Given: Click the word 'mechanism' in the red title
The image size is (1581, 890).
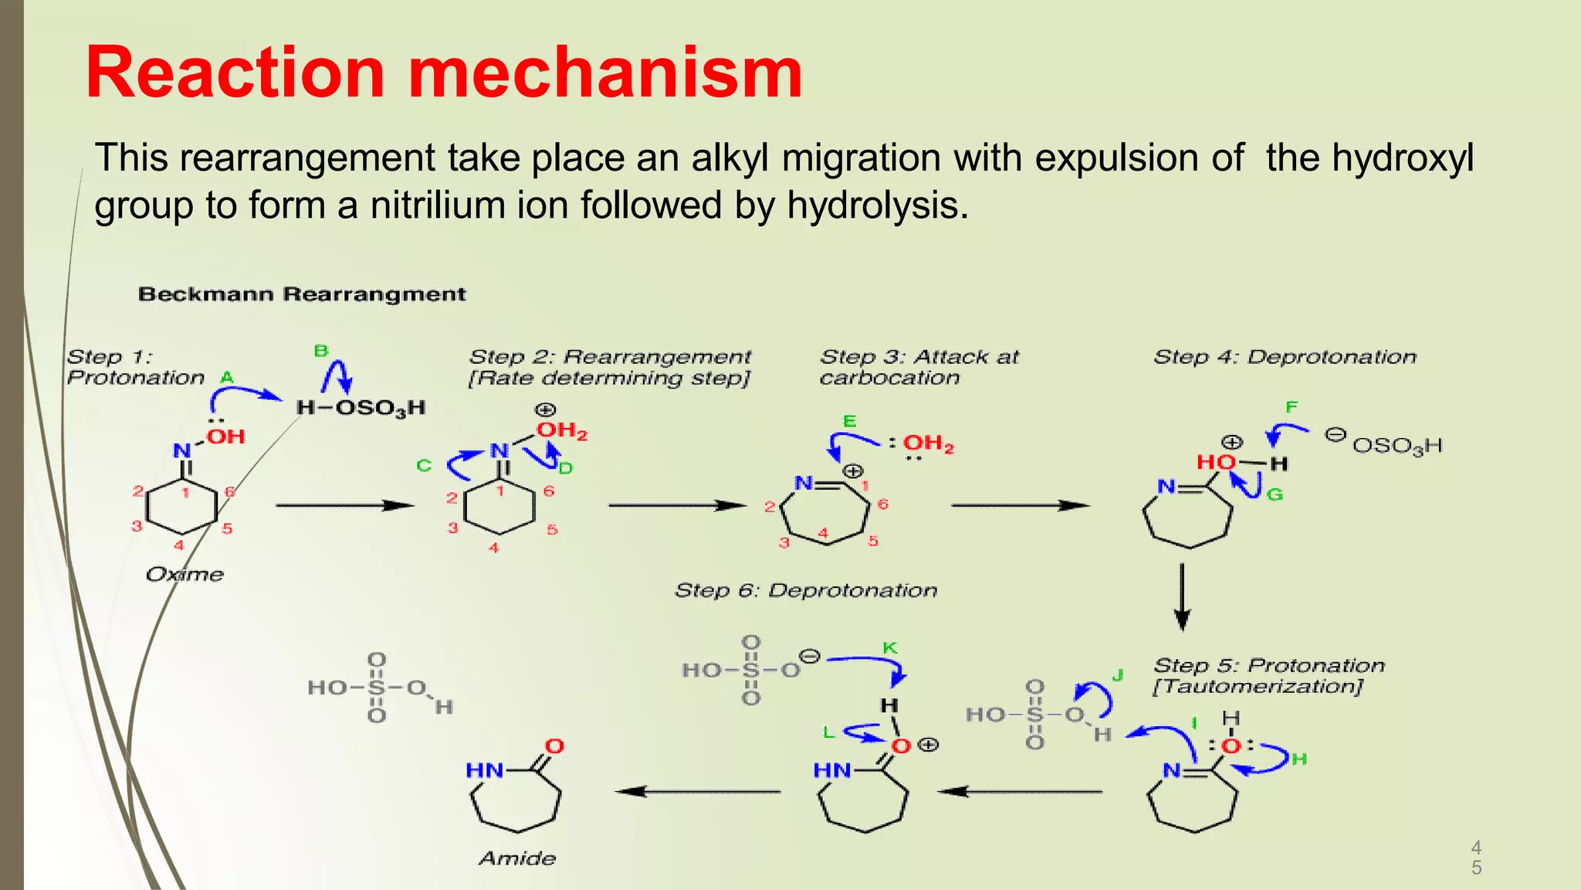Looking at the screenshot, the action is pyautogui.click(x=605, y=73).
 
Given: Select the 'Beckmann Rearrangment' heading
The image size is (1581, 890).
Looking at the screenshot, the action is pyautogui.click(x=302, y=294).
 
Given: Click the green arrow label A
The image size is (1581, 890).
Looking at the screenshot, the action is pyautogui.click(x=226, y=377).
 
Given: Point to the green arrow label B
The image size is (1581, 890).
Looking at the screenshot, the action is pyautogui.click(x=321, y=351).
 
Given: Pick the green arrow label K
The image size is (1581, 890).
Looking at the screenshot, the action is pyautogui.click(x=890, y=647).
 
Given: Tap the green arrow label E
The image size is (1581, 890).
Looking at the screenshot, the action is pyautogui.click(x=850, y=421).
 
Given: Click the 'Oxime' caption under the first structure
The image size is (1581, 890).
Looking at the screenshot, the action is pyautogui.click(x=185, y=574).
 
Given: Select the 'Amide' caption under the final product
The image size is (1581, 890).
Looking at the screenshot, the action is pyautogui.click(x=517, y=858).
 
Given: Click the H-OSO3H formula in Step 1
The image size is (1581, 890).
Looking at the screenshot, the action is pyautogui.click(x=361, y=408).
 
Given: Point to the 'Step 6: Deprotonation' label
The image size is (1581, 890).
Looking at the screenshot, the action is pyautogui.click(x=806, y=590).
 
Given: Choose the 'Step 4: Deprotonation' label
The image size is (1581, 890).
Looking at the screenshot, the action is pyautogui.click(x=1285, y=357).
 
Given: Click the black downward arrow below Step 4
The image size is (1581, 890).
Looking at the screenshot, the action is pyautogui.click(x=1182, y=597).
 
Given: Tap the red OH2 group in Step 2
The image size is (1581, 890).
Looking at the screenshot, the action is pyautogui.click(x=562, y=431).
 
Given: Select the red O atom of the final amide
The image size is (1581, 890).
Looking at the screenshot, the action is pyautogui.click(x=555, y=746).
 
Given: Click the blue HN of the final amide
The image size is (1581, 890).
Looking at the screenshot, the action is pyautogui.click(x=485, y=770).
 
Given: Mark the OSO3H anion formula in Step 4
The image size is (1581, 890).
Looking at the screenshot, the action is pyautogui.click(x=1397, y=446).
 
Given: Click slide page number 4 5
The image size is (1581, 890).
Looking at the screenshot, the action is pyautogui.click(x=1476, y=858).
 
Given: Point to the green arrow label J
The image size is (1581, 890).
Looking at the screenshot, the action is pyautogui.click(x=1117, y=675).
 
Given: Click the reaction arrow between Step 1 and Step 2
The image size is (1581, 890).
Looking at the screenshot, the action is pyautogui.click(x=345, y=505).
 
